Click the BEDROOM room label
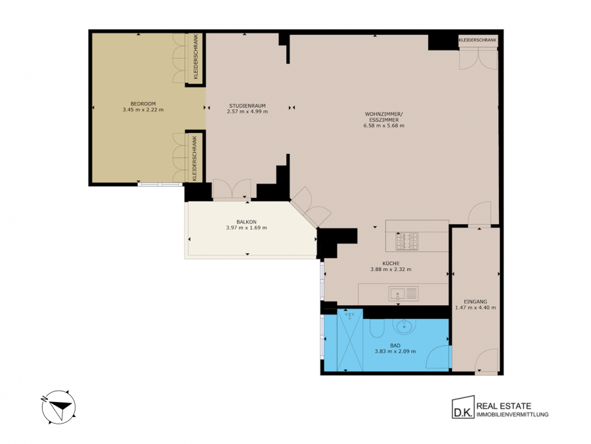click(x=143, y=104)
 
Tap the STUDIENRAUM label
click(x=248, y=106)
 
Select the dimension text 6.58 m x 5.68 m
click(x=383, y=126)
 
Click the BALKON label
click(x=246, y=222)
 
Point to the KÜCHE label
click(x=391, y=264)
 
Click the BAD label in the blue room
click(x=395, y=345)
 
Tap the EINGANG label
click(x=475, y=302)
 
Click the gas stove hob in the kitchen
click(x=406, y=241)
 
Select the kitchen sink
click(x=403, y=294)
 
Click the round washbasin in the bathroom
click(x=404, y=326)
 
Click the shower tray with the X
click(x=350, y=340)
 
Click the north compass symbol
click(x=58, y=407)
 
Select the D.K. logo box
click(x=463, y=407)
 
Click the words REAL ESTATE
click(x=504, y=407)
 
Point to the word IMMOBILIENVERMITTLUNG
click(x=513, y=414)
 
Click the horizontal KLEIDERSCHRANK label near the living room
click(x=477, y=40)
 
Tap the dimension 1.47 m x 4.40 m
click(x=475, y=308)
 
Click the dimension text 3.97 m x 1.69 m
click(x=246, y=228)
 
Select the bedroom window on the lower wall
click(x=160, y=184)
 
